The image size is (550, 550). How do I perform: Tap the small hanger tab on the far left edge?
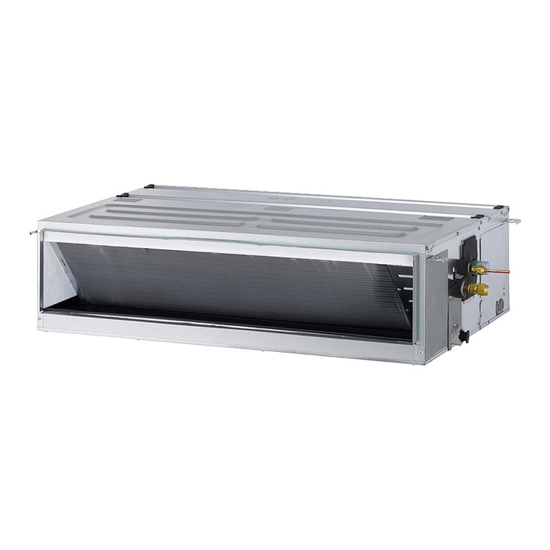pos(33,232)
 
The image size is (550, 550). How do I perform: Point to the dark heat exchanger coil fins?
pos(236,279)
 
